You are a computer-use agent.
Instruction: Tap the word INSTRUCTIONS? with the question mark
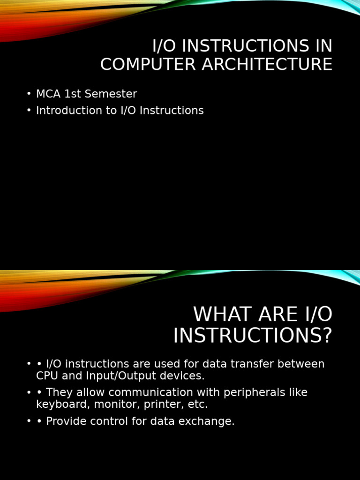(x=253, y=336)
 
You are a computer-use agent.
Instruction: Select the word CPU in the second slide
(x=46, y=376)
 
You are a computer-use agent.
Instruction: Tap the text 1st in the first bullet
(x=73, y=94)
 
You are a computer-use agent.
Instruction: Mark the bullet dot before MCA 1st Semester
(x=29, y=94)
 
